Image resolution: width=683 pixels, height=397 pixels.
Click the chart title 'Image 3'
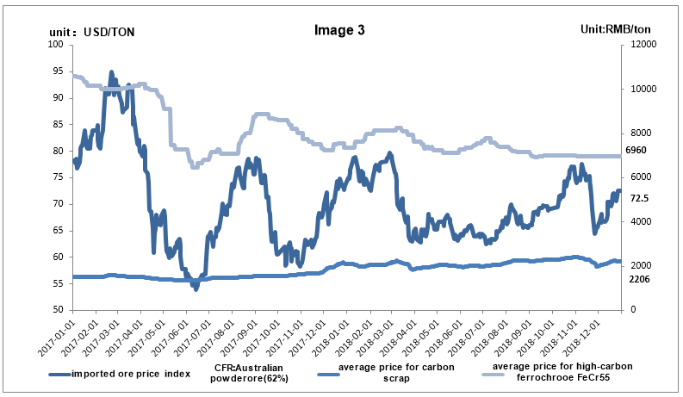(x=341, y=29)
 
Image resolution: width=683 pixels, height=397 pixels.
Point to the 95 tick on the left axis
(x=58, y=71)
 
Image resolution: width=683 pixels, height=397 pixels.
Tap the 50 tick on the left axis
(x=58, y=310)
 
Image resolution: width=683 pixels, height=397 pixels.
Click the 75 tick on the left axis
(x=58, y=177)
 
